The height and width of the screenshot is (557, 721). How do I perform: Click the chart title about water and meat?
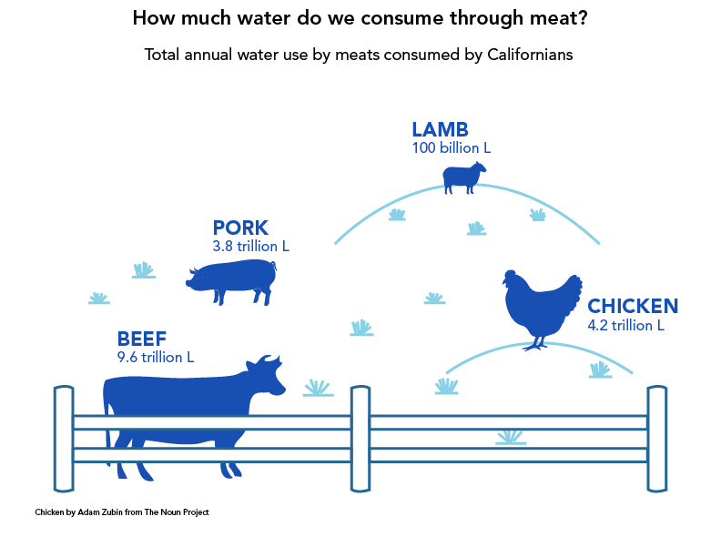pyautogui.click(x=360, y=17)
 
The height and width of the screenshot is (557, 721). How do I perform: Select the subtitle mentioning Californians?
pyautogui.click(x=358, y=55)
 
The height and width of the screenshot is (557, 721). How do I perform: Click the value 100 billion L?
pyautogui.click(x=452, y=147)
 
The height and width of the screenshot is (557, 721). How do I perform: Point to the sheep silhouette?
pyautogui.click(x=463, y=177)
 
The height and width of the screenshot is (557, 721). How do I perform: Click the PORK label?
pyautogui.click(x=240, y=228)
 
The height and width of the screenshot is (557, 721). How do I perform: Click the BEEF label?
pyautogui.click(x=142, y=339)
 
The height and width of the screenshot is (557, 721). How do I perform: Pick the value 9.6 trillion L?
pyautogui.click(x=156, y=358)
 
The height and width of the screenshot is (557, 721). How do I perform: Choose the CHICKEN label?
pyautogui.click(x=633, y=306)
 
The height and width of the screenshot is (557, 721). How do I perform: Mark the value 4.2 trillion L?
pyautogui.click(x=626, y=325)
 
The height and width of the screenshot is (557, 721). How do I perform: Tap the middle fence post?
pyautogui.click(x=360, y=439)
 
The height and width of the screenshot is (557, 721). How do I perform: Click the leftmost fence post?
pyautogui.click(x=64, y=439)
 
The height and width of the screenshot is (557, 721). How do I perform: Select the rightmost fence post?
pyautogui.click(x=657, y=439)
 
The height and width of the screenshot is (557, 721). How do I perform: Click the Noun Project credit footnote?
pyautogui.click(x=122, y=513)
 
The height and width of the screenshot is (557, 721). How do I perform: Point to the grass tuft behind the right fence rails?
pyautogui.click(x=511, y=438)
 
